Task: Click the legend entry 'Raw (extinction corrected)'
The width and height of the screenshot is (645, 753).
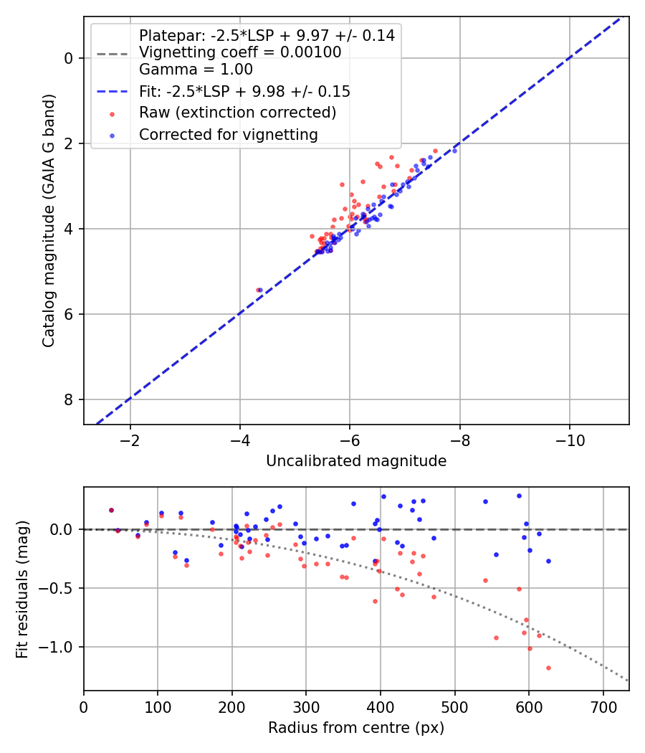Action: (237, 113)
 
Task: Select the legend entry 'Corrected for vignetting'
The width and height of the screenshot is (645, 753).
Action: (227, 134)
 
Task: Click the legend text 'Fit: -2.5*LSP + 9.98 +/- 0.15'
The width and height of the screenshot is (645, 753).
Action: (244, 91)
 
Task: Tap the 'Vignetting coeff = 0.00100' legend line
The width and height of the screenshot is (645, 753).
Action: (240, 52)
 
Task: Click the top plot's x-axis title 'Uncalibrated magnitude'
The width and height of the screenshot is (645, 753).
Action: (356, 461)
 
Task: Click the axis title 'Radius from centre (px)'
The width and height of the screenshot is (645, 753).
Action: (356, 728)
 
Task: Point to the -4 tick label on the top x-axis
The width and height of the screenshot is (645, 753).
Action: (240, 440)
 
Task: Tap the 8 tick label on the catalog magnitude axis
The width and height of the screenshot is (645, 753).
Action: (70, 399)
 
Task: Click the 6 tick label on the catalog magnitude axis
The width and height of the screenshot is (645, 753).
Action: (70, 314)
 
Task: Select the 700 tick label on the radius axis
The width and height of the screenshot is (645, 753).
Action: (603, 706)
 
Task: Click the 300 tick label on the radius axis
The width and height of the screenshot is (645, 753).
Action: (306, 706)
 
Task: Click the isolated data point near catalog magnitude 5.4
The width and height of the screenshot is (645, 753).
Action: (259, 290)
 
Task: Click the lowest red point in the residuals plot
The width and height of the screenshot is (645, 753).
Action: (548, 668)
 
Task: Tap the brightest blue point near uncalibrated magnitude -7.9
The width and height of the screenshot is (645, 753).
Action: (454, 151)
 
